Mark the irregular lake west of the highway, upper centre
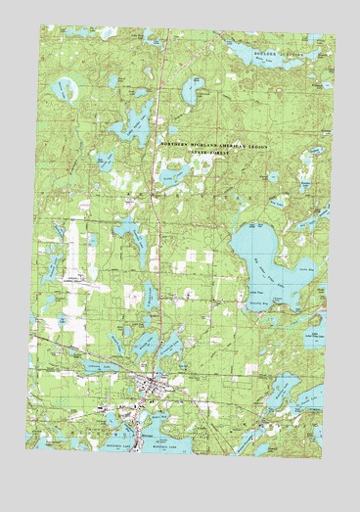point(130,123)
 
